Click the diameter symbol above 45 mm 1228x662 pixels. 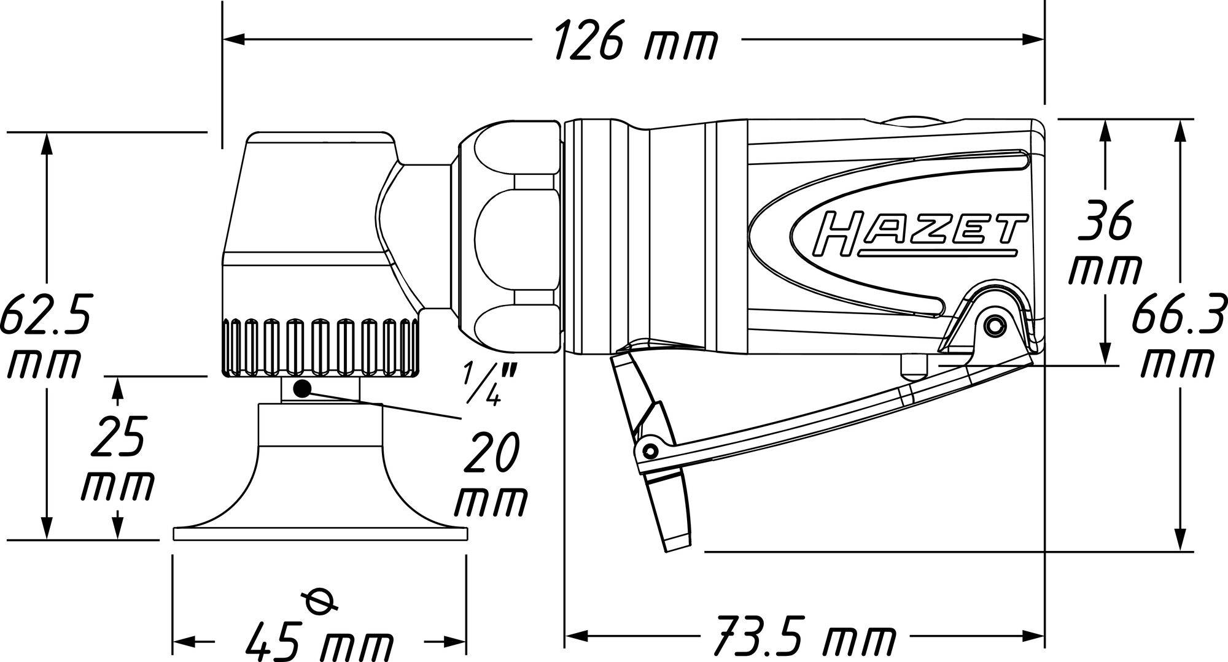[x=320, y=600]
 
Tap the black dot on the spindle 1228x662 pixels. [x=302, y=388]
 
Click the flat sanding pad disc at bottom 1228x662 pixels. [x=320, y=534]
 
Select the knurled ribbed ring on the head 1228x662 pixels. [x=320, y=347]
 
